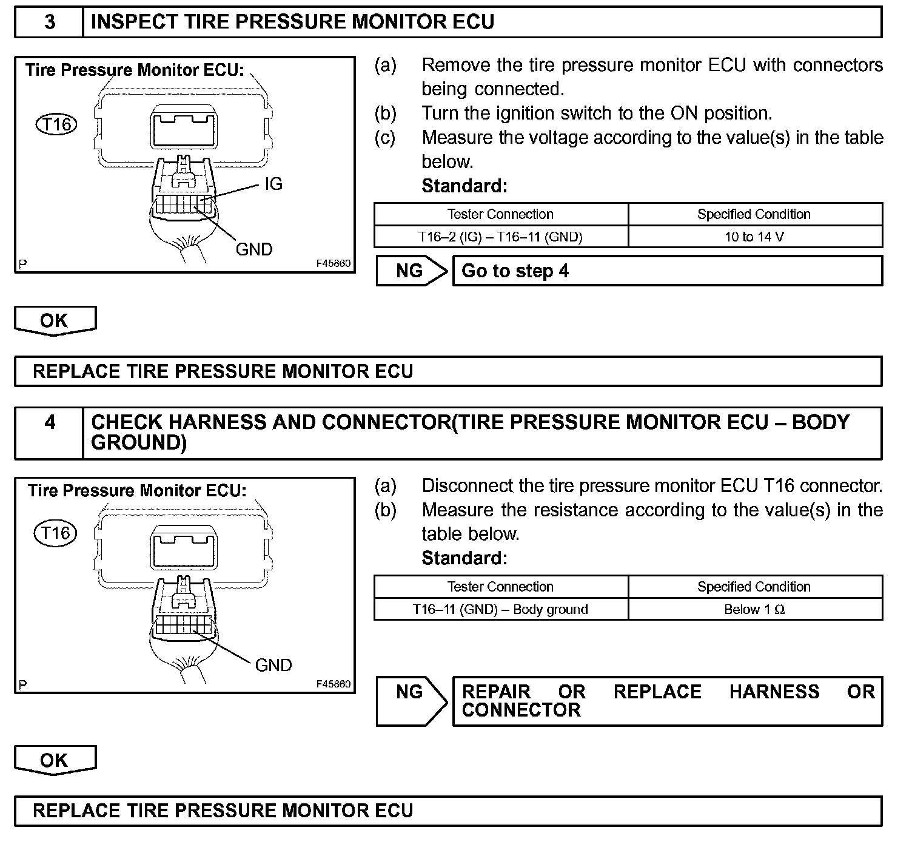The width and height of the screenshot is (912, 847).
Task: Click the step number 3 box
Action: pyautogui.click(x=49, y=22)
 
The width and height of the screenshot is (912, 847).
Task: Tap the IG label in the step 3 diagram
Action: pyautogui.click(x=273, y=184)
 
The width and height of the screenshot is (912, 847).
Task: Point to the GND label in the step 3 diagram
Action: pyautogui.click(x=254, y=249)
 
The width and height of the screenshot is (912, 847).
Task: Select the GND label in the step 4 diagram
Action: pyautogui.click(x=273, y=666)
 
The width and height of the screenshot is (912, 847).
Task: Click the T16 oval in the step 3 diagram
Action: pyautogui.click(x=57, y=125)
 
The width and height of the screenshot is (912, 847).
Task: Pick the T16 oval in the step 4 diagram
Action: pyautogui.click(x=55, y=533)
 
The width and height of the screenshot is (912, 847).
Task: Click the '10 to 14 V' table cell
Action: pyautogui.click(x=754, y=237)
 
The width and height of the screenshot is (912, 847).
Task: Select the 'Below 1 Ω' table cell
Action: pyautogui.click(x=754, y=609)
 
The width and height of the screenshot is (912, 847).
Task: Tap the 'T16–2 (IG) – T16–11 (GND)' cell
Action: pyautogui.click(x=500, y=237)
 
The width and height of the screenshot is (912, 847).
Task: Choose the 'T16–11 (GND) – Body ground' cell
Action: pyautogui.click(x=500, y=609)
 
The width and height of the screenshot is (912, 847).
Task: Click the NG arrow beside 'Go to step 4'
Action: pyautogui.click(x=411, y=271)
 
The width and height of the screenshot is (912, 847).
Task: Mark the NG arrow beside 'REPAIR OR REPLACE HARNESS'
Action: pyautogui.click(x=411, y=700)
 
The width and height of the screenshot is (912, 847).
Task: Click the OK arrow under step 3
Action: pyautogui.click(x=55, y=320)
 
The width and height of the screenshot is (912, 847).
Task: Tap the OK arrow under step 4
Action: pyautogui.click(x=55, y=760)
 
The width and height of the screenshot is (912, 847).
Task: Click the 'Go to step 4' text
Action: pyautogui.click(x=515, y=271)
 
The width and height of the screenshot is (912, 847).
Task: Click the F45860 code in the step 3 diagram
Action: pyautogui.click(x=333, y=264)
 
